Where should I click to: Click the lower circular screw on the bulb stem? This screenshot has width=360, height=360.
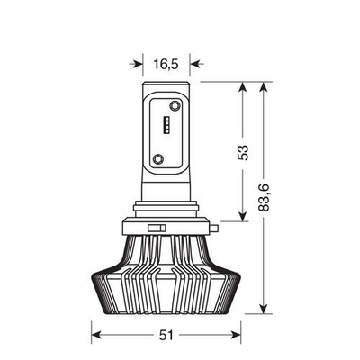(x=159, y=158)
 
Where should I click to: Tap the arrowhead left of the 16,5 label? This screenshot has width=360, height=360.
(x=139, y=64)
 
